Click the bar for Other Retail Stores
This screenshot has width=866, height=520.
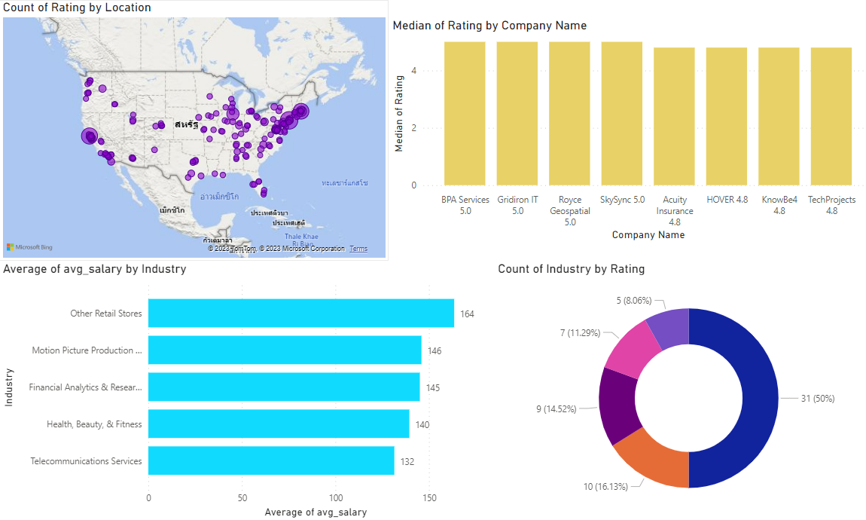tap(300, 314)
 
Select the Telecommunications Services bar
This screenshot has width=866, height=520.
tap(271, 460)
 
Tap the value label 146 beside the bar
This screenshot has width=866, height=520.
tap(435, 351)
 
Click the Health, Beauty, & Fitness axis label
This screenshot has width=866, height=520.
tap(94, 424)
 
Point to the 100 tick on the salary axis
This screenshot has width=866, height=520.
tap(336, 498)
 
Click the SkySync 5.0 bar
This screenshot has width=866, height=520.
tap(622, 113)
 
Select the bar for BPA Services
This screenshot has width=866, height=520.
tap(465, 113)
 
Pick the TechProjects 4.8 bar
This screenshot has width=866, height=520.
tap(831, 116)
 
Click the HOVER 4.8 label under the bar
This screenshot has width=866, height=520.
tap(727, 200)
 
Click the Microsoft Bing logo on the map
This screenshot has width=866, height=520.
tap(29, 247)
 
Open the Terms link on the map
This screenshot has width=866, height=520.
tap(358, 249)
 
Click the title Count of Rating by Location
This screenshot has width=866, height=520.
tap(78, 8)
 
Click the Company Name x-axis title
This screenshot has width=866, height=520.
tap(648, 235)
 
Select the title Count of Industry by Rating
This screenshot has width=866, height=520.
tap(571, 269)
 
